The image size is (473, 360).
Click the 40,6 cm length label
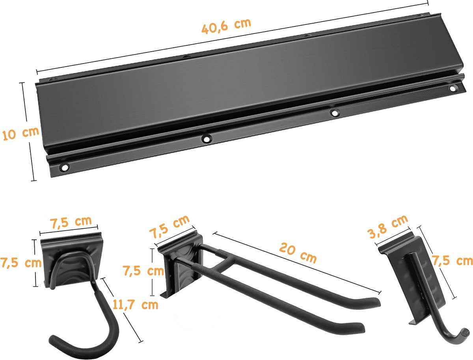pos(226,26)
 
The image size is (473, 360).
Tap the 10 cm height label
pos(20,134)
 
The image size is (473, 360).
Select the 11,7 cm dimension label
pos(135,304)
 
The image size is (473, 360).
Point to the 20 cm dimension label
pos(298,254)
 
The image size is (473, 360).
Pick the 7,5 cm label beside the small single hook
pos(453,261)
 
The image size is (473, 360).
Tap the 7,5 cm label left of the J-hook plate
pos(21,263)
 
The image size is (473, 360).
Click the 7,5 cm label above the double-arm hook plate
pos(169,227)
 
